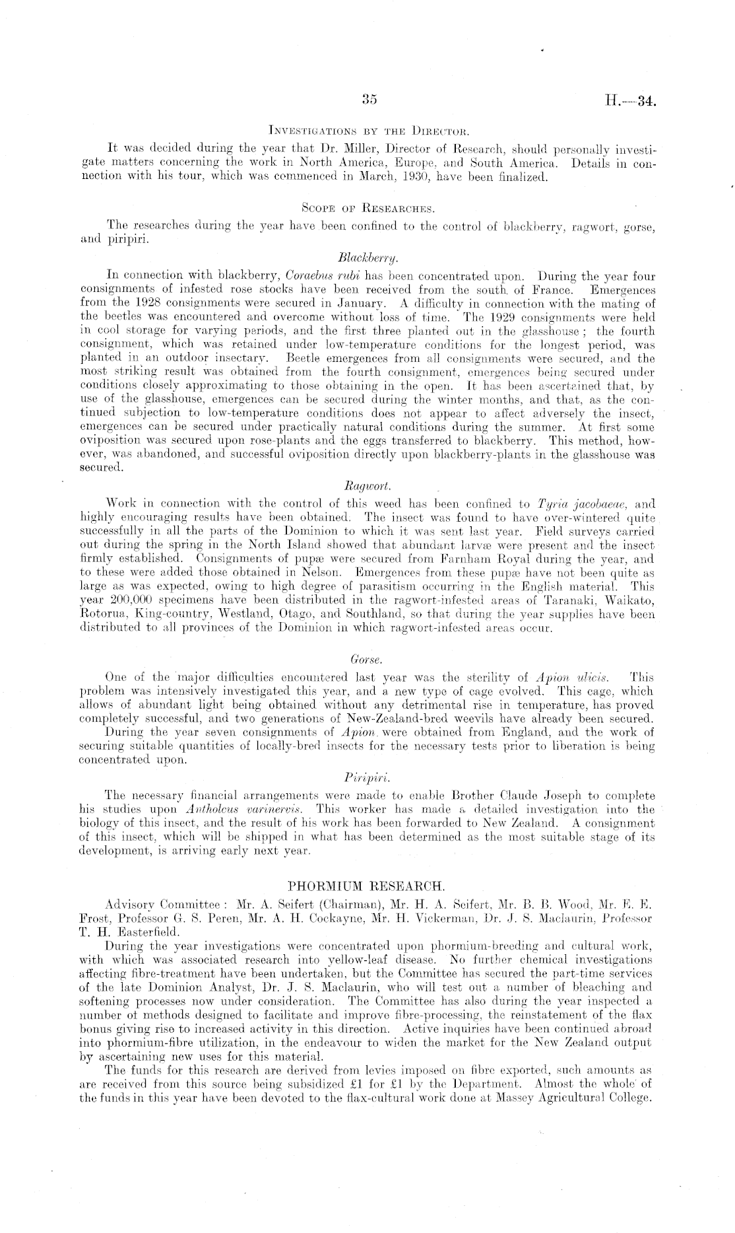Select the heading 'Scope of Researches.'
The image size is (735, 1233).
pos(367,208)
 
